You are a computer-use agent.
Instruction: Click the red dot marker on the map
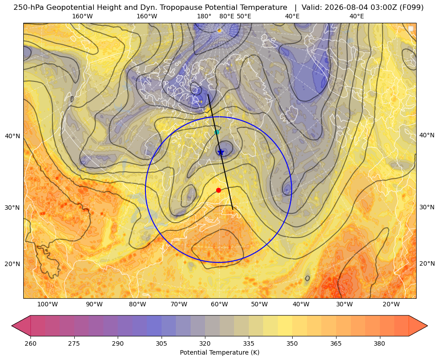tap(219, 190)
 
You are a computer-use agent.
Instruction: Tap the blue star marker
tap(221, 152)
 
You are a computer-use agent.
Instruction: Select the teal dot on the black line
tap(217, 132)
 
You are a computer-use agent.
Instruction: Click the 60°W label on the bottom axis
tap(219, 305)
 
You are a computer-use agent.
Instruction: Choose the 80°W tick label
tap(137, 305)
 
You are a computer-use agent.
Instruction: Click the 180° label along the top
tap(204, 16)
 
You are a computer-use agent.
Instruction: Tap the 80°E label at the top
tap(226, 16)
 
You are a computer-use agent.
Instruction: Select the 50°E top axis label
tap(244, 16)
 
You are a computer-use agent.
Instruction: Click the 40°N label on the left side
tap(13, 136)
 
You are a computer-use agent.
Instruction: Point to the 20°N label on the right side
tap(427, 263)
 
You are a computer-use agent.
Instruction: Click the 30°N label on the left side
tap(13, 208)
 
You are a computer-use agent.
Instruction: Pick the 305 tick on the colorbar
tap(161, 343)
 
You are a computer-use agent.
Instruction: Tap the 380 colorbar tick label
tap(379, 343)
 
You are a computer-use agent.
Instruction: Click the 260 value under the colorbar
tap(30, 343)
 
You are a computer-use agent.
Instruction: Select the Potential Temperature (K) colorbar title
tap(219, 352)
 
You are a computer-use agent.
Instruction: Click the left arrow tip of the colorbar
tap(12, 326)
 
